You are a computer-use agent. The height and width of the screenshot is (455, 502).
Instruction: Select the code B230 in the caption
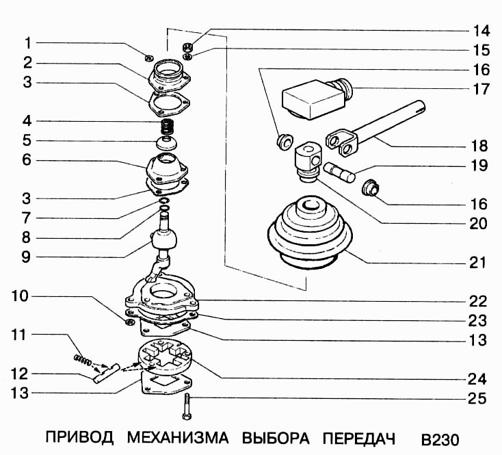[x=440, y=438]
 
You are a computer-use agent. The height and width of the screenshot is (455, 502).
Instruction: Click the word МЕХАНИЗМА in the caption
[x=179, y=437]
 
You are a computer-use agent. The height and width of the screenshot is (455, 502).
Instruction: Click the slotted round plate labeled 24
[x=168, y=360]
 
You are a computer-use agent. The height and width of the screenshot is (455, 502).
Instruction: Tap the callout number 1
[x=27, y=43]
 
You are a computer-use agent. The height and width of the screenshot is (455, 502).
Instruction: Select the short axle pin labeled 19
[x=340, y=170]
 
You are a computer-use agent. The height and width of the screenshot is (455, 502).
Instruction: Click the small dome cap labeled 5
[x=165, y=144]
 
